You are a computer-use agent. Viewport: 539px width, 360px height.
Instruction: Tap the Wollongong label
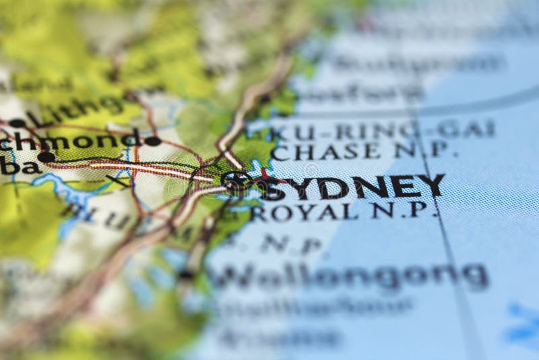click(x=350, y=276)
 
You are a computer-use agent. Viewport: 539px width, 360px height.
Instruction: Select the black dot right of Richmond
click(x=153, y=141)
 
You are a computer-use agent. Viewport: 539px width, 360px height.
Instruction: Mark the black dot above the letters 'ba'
click(x=46, y=157)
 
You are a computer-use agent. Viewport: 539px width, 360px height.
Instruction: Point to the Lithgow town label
click(x=74, y=110)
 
